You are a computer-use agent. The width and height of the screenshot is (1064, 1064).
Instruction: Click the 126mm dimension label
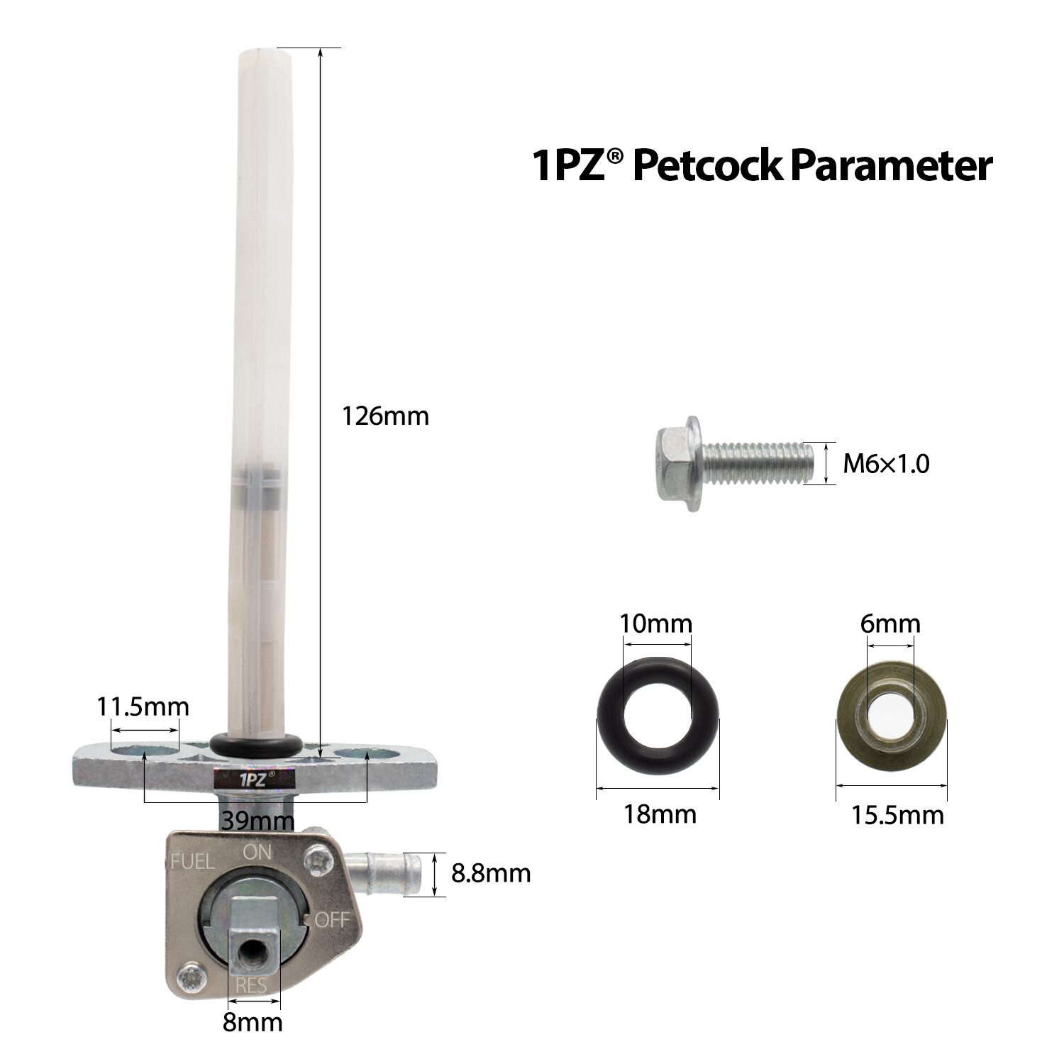pos(385,416)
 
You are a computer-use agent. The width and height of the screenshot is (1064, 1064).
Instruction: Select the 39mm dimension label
pos(257,821)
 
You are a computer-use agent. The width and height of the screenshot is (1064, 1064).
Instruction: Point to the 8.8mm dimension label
pos(491,873)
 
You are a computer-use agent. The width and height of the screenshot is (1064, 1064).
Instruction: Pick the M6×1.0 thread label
pos(885,464)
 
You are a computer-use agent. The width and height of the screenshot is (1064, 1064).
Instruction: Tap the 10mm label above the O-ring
pos(655,624)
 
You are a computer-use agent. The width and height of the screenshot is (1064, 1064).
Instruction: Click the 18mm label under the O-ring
pos(660,814)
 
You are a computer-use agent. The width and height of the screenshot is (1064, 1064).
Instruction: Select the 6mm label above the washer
pos(890,624)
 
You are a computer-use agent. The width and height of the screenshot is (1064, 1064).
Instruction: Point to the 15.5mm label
pos(897,815)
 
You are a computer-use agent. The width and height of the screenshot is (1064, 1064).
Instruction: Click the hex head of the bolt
pos(676,464)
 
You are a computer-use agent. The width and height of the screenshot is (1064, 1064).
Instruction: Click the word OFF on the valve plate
pos(332,920)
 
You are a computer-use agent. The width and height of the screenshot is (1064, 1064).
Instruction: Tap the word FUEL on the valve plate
pos(192,862)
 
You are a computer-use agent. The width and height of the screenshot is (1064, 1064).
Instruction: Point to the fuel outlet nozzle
pos(387,872)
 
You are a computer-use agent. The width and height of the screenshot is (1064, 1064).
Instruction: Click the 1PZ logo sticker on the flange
pos(253,777)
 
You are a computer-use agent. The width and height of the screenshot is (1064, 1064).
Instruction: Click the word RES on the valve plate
pos(251,986)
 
